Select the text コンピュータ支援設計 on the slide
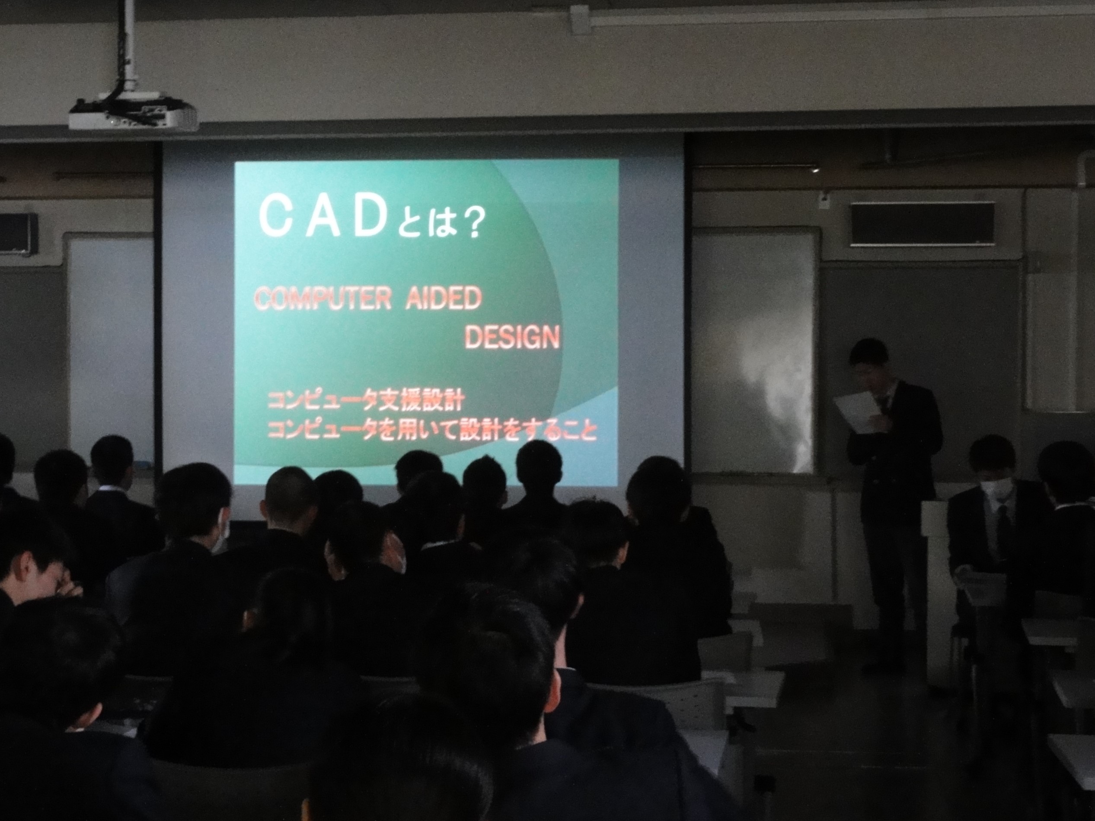364,401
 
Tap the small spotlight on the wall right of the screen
815,169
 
